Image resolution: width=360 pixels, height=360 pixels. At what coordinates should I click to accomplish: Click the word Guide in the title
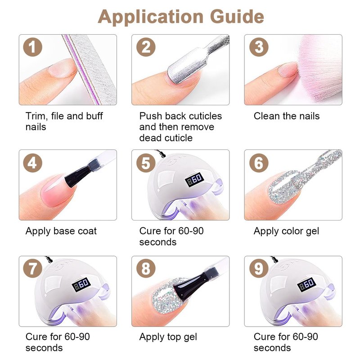[x=237, y=17]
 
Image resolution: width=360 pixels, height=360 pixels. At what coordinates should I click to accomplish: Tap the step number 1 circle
[x=32, y=47]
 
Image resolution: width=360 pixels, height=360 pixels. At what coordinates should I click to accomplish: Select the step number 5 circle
[x=146, y=163]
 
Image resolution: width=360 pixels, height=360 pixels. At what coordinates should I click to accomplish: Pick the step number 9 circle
[x=259, y=269]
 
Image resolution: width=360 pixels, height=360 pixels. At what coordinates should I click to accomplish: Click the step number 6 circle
[x=259, y=163]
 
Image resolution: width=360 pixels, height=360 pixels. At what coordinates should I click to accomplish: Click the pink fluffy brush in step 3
[x=319, y=69]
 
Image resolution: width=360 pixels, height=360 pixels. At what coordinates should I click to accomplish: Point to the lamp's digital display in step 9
[x=307, y=285]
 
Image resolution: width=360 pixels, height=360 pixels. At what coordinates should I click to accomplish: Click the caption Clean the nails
[x=287, y=116]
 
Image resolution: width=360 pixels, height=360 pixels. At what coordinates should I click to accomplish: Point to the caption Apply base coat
[x=61, y=231]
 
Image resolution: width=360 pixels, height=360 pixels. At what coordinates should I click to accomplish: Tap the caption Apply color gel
[x=286, y=231]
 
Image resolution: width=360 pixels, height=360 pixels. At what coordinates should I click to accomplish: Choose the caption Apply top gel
[x=168, y=337]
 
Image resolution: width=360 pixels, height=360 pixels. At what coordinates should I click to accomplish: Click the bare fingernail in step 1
[x=63, y=68]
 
